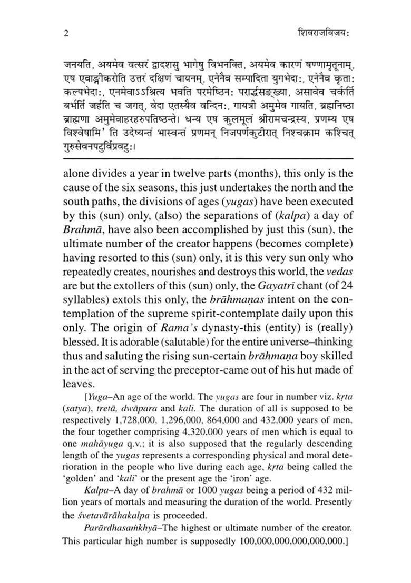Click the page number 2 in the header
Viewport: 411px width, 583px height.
point(65,32)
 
